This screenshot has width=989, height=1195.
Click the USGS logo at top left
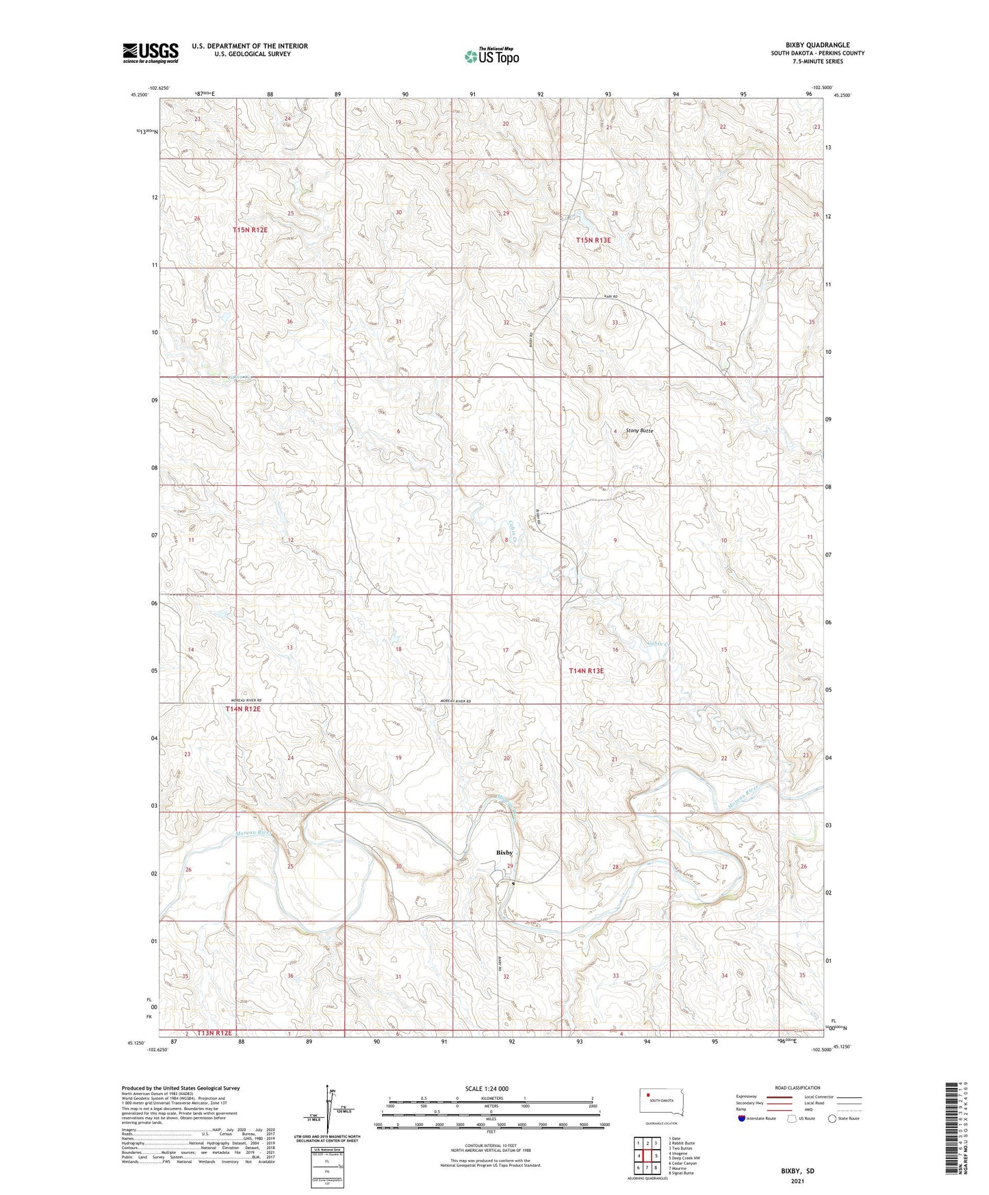(151, 53)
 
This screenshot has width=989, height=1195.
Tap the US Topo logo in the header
(491, 56)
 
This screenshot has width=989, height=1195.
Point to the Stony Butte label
(639, 431)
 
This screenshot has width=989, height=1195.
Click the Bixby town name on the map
(504, 852)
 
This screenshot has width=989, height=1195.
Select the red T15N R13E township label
(593, 240)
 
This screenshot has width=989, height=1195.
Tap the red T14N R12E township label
(243, 709)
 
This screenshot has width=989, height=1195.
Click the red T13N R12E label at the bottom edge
(214, 1033)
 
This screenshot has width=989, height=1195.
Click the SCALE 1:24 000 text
(487, 1088)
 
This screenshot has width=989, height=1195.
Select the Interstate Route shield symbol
(742, 1118)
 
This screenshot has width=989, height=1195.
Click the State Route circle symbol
(832, 1118)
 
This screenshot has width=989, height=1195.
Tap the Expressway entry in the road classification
(746, 1096)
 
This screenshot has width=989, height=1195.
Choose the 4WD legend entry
(810, 1109)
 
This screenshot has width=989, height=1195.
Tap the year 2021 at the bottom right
(797, 1180)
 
